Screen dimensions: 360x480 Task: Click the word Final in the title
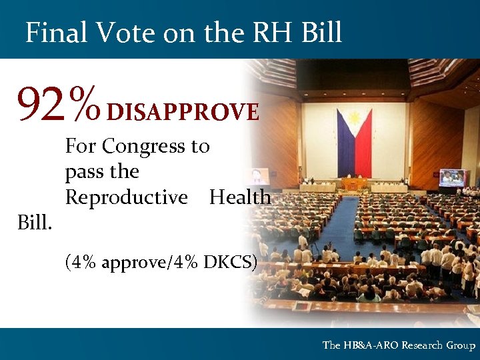[x=57, y=31]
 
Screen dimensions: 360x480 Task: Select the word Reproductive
[x=126, y=198]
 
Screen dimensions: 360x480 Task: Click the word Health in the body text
[x=240, y=197]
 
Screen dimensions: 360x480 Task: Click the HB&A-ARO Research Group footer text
[x=399, y=345]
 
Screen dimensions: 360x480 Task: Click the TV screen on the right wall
[x=453, y=177]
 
